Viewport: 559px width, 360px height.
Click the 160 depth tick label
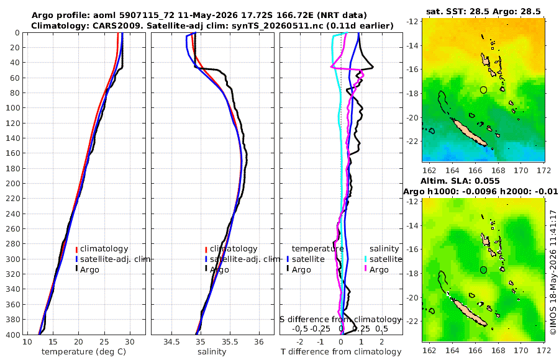[13, 153]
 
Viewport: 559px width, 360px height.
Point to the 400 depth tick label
[13, 335]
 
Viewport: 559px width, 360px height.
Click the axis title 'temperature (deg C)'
[84, 352]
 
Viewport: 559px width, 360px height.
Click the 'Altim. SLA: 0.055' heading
[460, 181]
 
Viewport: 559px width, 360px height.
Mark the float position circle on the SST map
[483, 90]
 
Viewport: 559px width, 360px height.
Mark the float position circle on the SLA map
[483, 270]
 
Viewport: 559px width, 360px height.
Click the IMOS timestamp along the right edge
[553, 272]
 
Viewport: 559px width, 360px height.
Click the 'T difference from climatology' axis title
[341, 352]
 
